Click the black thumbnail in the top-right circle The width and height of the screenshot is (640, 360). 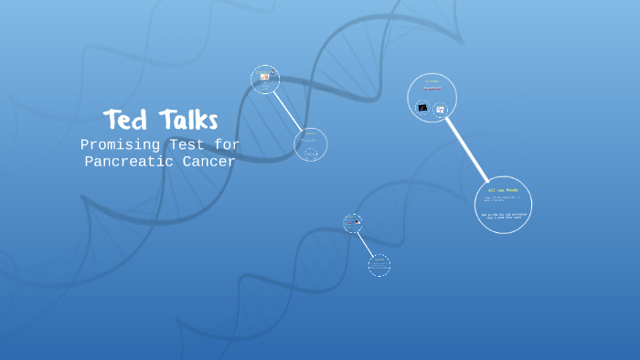click(x=422, y=108)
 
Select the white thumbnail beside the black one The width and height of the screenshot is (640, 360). click(x=440, y=110)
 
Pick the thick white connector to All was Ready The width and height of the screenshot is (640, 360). click(x=467, y=149)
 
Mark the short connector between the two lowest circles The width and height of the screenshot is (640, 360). click(x=365, y=242)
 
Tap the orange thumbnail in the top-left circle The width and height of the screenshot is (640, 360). click(x=264, y=77)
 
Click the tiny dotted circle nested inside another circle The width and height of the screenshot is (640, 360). click(x=311, y=154)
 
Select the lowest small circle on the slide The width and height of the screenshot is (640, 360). click(x=379, y=265)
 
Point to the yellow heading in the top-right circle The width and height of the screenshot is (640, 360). click(x=432, y=81)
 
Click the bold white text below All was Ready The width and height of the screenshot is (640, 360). click(x=504, y=216)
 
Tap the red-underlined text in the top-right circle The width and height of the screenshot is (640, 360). click(x=432, y=90)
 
